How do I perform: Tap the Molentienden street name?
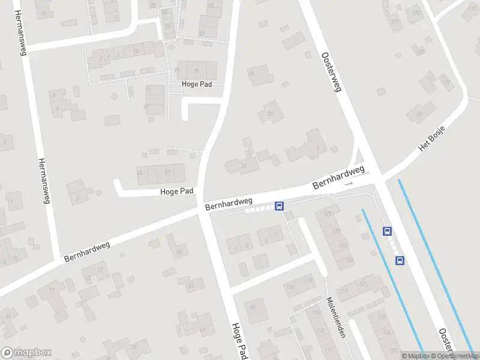334,317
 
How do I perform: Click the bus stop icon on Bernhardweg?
280,206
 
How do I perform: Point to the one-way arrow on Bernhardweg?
348,184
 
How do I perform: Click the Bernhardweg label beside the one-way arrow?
338,178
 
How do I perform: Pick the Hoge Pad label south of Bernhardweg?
239,343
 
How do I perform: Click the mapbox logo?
26,353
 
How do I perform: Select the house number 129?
328,214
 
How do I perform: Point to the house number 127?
335,229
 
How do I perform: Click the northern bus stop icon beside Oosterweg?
388,231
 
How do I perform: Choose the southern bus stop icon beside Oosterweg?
400,260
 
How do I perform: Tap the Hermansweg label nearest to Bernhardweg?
43,181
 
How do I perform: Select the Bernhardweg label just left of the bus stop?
228,204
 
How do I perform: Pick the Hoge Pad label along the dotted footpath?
197,85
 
